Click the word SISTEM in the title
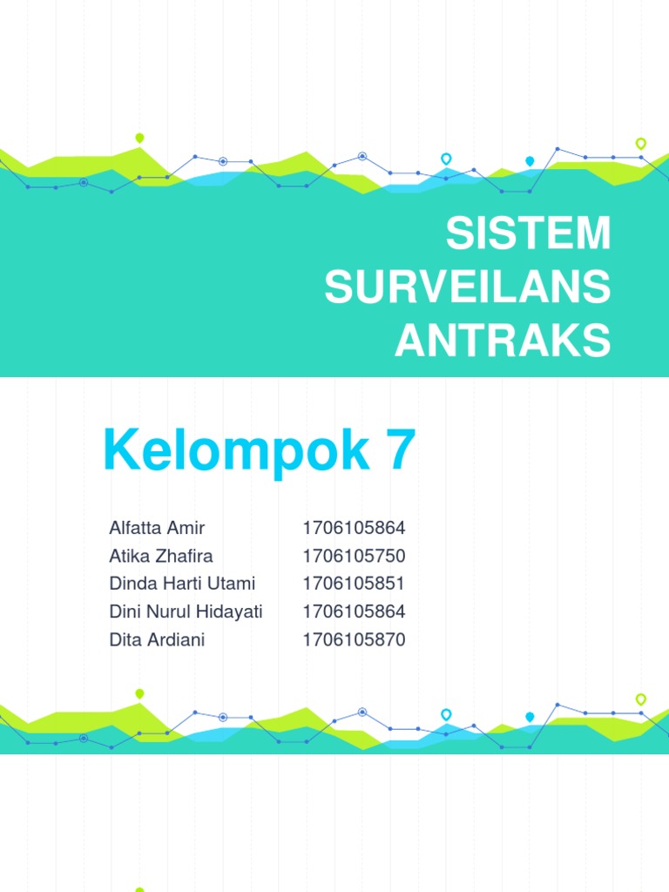point(528,234)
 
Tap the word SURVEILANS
point(468,288)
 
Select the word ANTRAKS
point(503,341)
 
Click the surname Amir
point(187,528)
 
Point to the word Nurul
point(166,612)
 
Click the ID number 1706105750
point(354,556)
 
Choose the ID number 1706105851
point(354,584)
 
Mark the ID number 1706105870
point(354,639)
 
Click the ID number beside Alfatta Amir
point(354,528)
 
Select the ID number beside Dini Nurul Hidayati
point(354,612)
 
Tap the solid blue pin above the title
point(530,161)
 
